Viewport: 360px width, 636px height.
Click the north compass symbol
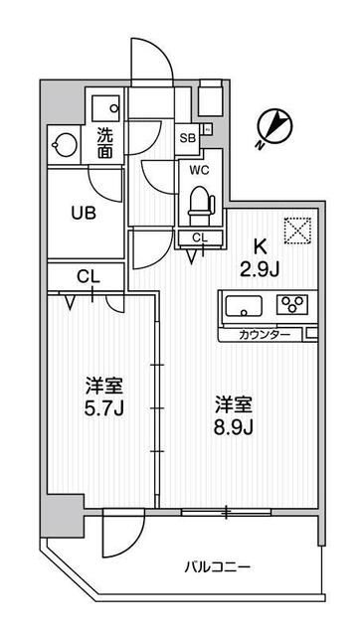click(273, 128)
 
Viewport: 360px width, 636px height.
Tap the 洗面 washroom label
click(104, 143)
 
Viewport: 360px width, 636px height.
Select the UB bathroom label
click(83, 211)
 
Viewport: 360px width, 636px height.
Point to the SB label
click(188, 139)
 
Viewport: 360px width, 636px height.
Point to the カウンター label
click(265, 335)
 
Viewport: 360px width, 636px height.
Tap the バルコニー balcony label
click(217, 567)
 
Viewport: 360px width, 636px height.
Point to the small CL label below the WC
click(199, 237)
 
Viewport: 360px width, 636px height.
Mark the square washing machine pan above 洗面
click(104, 105)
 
